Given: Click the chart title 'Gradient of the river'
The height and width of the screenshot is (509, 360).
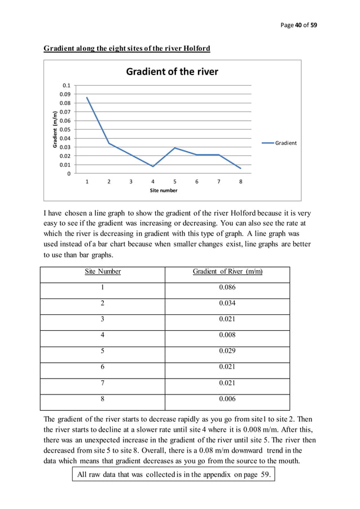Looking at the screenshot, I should click(172, 72).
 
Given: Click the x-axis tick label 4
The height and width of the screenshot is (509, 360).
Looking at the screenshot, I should click(153, 182).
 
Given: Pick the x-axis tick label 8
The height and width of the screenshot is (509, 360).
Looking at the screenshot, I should click(241, 182).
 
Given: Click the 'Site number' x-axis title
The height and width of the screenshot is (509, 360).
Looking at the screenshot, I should click(164, 191).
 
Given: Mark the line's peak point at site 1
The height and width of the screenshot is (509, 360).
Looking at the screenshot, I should click(87, 98).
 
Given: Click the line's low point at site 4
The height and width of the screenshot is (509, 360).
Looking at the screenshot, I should click(153, 166).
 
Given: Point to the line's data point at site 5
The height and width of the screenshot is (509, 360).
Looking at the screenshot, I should click(175, 148).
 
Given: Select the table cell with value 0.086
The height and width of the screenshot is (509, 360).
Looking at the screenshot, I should click(227, 287).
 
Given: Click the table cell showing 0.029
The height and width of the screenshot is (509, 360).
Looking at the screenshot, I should click(227, 350).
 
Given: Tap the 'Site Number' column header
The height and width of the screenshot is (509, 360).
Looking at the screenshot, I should click(103, 271).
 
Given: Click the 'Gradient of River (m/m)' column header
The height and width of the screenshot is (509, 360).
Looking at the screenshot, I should click(227, 271).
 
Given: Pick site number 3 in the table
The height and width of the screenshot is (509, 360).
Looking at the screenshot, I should click(103, 319).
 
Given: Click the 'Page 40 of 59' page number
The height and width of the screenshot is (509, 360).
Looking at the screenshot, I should click(298, 25).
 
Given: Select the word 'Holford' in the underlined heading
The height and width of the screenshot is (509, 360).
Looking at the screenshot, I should click(196, 49).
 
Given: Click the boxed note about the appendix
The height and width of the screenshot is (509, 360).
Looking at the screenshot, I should click(175, 475).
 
